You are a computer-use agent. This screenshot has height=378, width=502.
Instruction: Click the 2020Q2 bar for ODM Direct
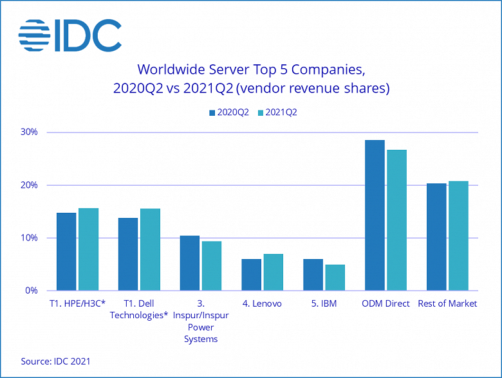click(x=375, y=215)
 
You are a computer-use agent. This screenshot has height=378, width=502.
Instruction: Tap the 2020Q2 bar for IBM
click(x=313, y=274)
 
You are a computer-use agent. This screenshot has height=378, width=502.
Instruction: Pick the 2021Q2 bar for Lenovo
click(x=273, y=272)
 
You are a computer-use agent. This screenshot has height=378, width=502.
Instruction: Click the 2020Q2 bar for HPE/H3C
click(x=66, y=251)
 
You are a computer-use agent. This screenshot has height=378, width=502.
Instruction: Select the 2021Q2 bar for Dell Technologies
click(x=150, y=249)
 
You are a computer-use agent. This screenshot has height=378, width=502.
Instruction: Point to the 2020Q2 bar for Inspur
click(x=190, y=263)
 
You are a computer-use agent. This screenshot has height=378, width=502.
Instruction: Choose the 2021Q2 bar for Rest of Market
click(x=458, y=235)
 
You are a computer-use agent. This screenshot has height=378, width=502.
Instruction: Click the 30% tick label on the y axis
click(x=30, y=132)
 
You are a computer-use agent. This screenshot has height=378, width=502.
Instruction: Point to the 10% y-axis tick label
click(x=30, y=238)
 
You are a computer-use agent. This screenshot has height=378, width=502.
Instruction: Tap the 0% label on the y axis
click(x=32, y=291)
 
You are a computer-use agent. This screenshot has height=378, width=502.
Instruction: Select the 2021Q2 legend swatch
click(x=260, y=113)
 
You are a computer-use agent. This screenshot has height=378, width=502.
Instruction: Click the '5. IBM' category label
click(x=323, y=303)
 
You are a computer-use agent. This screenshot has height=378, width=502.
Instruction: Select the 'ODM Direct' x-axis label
click(x=386, y=303)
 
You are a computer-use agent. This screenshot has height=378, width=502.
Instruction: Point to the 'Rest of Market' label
click(x=447, y=303)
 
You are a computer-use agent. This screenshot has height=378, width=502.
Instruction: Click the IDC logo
click(x=70, y=35)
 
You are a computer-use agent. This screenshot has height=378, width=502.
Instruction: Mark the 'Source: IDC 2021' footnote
click(x=55, y=361)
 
